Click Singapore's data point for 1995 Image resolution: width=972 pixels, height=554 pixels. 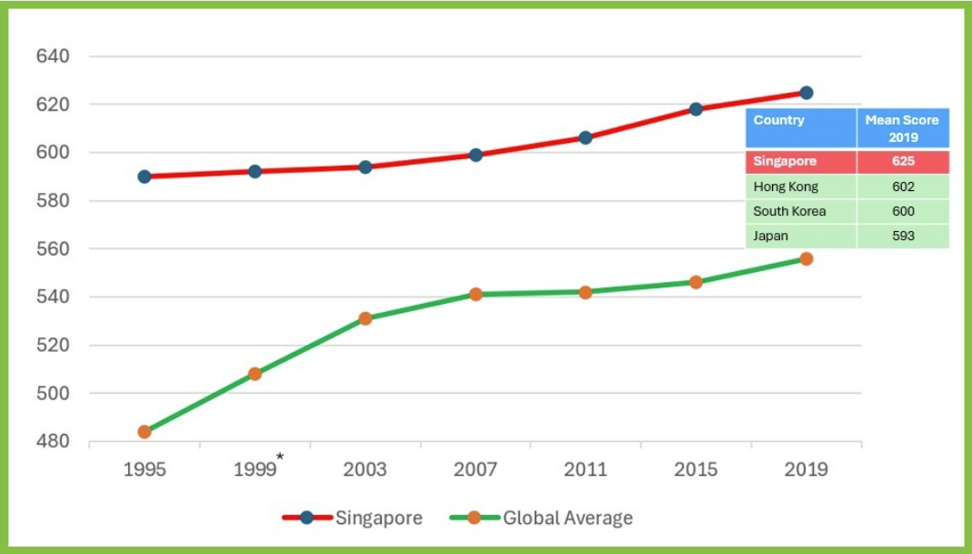pos(145,176)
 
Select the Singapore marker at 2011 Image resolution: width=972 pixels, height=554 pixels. pos(586,137)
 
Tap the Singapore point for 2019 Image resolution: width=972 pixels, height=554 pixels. pos(806,93)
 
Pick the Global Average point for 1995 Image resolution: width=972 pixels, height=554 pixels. pos(145,431)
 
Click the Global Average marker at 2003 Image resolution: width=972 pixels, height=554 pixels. pos(366,318)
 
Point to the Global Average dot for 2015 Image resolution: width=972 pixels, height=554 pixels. pos(696,282)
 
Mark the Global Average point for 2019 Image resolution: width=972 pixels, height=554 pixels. pos(806,258)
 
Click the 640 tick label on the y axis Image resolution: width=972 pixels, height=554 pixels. pos(53,56)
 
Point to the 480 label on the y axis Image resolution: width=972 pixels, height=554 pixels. pos(53,442)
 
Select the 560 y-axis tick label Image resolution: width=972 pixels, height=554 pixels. pos(53,249)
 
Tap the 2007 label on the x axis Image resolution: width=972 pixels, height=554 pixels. pos(476,469)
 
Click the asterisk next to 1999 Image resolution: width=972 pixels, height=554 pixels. pos(281,457)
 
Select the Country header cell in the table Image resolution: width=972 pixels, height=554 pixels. pos(800,128)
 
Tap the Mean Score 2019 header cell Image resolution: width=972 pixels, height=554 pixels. pos(903,128)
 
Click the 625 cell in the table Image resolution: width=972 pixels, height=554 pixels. pos(903,162)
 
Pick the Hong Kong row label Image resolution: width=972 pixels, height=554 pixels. pos(787,186)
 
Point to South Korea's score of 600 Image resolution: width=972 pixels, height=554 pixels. pos(903,211)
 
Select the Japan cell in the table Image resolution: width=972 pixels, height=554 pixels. pos(772,236)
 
